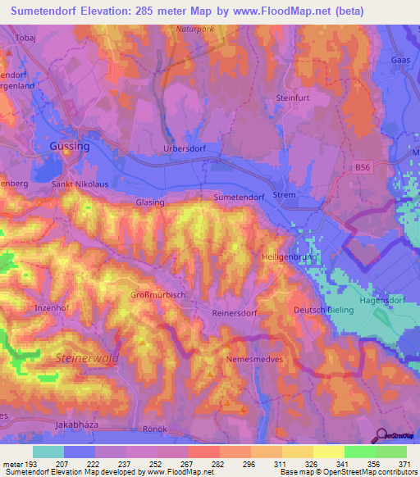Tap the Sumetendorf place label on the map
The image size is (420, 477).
pyautogui.click(x=239, y=198)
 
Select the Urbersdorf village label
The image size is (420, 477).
pyautogui.click(x=185, y=148)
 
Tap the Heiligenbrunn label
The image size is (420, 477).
pyautogui.click(x=288, y=257)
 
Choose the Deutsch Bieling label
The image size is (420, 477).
pyautogui.click(x=323, y=310)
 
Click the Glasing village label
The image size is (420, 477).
pyautogui.click(x=150, y=202)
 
